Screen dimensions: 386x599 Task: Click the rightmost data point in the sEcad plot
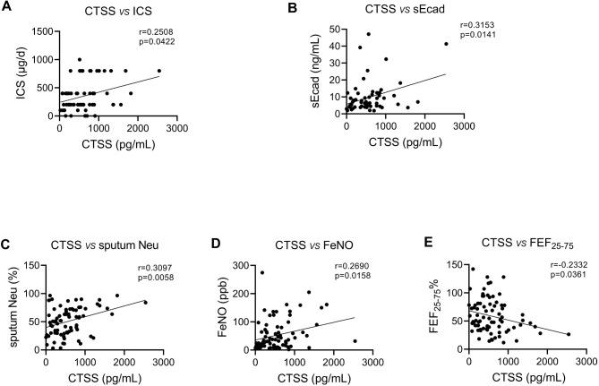pyautogui.click(x=446, y=44)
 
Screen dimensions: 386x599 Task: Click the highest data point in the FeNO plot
pyautogui.click(x=262, y=272)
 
